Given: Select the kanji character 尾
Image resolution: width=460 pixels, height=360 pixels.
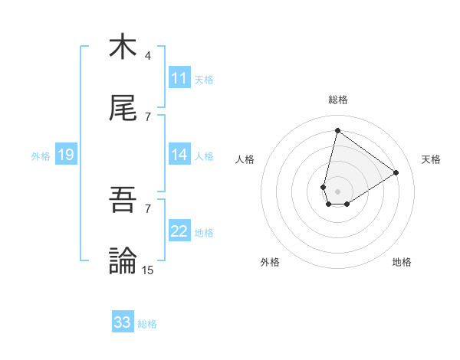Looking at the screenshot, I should point(123,109).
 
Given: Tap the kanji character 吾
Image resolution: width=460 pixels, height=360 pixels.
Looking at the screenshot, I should point(123,200).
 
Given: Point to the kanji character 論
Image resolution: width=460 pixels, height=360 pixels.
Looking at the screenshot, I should point(123,260).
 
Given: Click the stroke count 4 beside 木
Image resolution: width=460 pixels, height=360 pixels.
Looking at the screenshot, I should point(147,56).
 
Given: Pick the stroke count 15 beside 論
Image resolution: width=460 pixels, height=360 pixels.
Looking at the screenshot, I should point(148,270).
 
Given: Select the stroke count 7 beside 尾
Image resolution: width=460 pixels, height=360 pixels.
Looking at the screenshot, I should point(147,117).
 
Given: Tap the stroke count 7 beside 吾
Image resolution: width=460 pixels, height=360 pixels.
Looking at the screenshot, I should point(147,208).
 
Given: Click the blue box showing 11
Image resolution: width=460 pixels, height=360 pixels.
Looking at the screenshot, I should point(179,78).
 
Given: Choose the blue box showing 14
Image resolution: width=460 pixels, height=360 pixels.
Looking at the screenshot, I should point(179,155).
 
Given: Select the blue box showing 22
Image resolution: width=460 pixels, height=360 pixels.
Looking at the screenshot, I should point(179,231).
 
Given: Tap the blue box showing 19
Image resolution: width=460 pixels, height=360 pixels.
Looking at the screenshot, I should point(66,155).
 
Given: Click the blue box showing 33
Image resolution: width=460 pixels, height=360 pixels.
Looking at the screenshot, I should point(123,322).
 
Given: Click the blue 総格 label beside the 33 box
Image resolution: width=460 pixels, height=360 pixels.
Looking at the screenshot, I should point(147,324).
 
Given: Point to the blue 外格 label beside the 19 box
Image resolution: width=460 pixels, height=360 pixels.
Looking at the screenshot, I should point(41,156).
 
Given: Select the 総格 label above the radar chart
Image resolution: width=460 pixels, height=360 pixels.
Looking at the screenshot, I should point(338,100).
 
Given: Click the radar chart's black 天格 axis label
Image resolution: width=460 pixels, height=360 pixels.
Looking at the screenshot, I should point(432,159).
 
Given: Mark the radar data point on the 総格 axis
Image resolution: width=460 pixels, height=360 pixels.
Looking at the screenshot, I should point(337,130).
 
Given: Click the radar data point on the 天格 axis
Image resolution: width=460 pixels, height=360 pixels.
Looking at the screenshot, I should point(396,172).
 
